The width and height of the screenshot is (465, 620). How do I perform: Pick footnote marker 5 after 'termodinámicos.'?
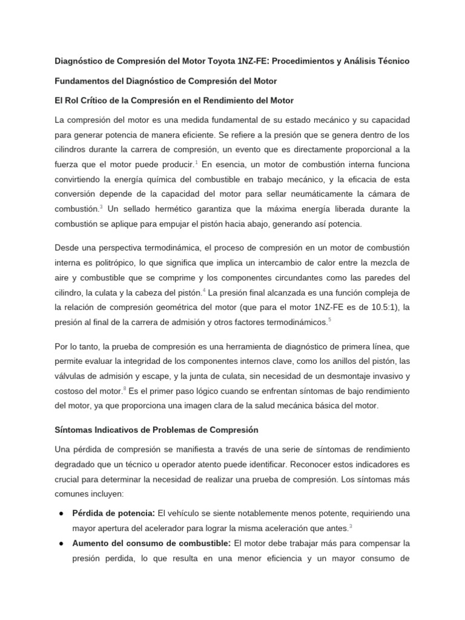(x=329, y=320)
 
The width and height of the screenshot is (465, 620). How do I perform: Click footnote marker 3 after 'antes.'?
(x=351, y=524)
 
